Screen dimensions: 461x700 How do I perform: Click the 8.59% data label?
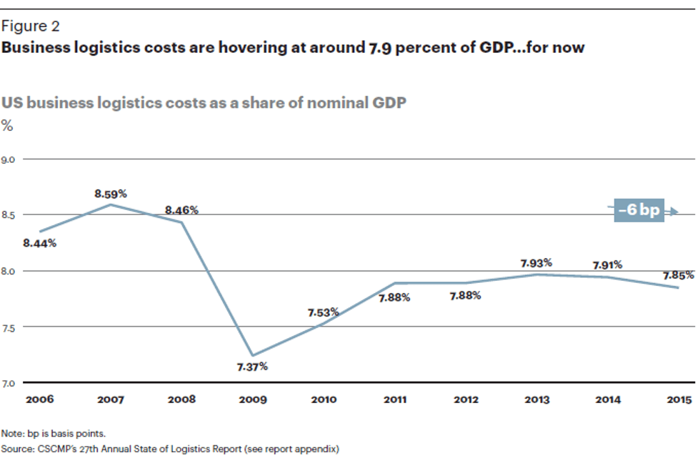pyautogui.click(x=111, y=194)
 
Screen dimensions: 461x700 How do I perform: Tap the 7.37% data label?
pyautogui.click(x=252, y=367)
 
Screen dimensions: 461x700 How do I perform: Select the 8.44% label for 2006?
pyautogui.click(x=39, y=243)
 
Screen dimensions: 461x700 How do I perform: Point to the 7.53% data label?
pyautogui.click(x=323, y=312)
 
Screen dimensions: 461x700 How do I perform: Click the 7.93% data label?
pyautogui.click(x=536, y=263)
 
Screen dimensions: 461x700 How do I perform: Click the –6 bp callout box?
pyautogui.click(x=639, y=211)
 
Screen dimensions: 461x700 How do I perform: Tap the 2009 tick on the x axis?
pyautogui.click(x=252, y=400)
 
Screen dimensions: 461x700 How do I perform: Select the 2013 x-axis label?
pyautogui.click(x=536, y=400)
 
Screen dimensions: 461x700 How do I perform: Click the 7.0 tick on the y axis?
pyautogui.click(x=9, y=383)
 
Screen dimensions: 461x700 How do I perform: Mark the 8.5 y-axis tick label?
pyautogui.click(x=9, y=215)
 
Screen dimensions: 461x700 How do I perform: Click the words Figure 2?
pyautogui.click(x=31, y=26)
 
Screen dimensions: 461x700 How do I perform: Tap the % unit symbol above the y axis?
pyautogui.click(x=7, y=126)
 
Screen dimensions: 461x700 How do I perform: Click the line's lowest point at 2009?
pyautogui.click(x=252, y=355)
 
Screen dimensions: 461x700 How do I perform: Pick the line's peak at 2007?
pyautogui.click(x=111, y=204)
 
